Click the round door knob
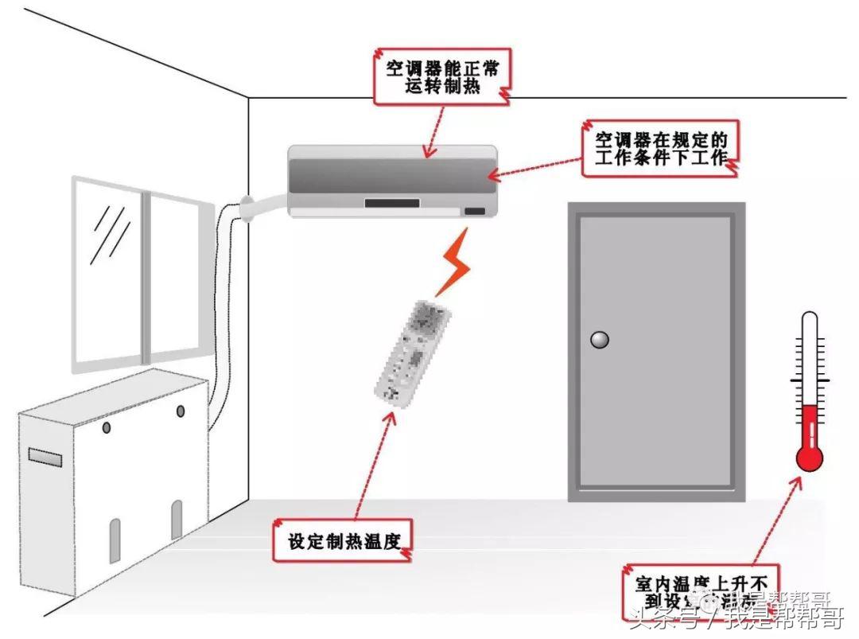pyautogui.click(x=599, y=340)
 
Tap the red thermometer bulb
pyautogui.click(x=809, y=457)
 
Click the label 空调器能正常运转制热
pyautogui.click(x=442, y=77)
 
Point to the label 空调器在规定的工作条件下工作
pyautogui.click(x=661, y=148)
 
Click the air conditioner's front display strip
pyautogui.click(x=391, y=203)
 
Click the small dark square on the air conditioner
pyautogui.click(x=475, y=212)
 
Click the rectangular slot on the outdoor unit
pyautogui.click(x=45, y=457)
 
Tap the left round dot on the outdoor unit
pyautogui.click(x=107, y=428)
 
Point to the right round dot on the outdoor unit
pyautogui.click(x=181, y=411)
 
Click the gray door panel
pyautogui.click(x=655, y=350)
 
